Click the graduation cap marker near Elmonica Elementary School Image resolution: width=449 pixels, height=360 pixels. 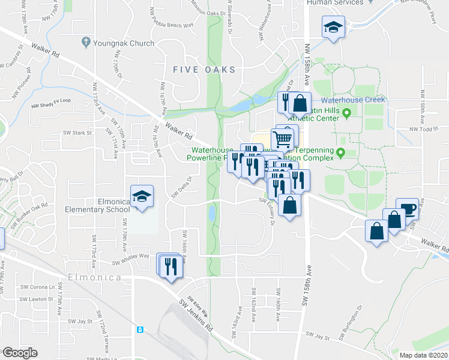tap(142, 196)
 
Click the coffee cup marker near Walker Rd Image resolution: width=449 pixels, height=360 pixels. tap(408, 211)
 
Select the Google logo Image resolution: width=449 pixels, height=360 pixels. tap(19, 353)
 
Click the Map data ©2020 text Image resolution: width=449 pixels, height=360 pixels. tap(424, 355)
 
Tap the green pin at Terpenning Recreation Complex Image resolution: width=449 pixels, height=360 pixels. tap(341, 153)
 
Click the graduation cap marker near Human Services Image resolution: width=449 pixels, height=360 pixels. tap(332, 26)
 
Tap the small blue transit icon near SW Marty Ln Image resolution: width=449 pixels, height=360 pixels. tap(140, 329)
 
